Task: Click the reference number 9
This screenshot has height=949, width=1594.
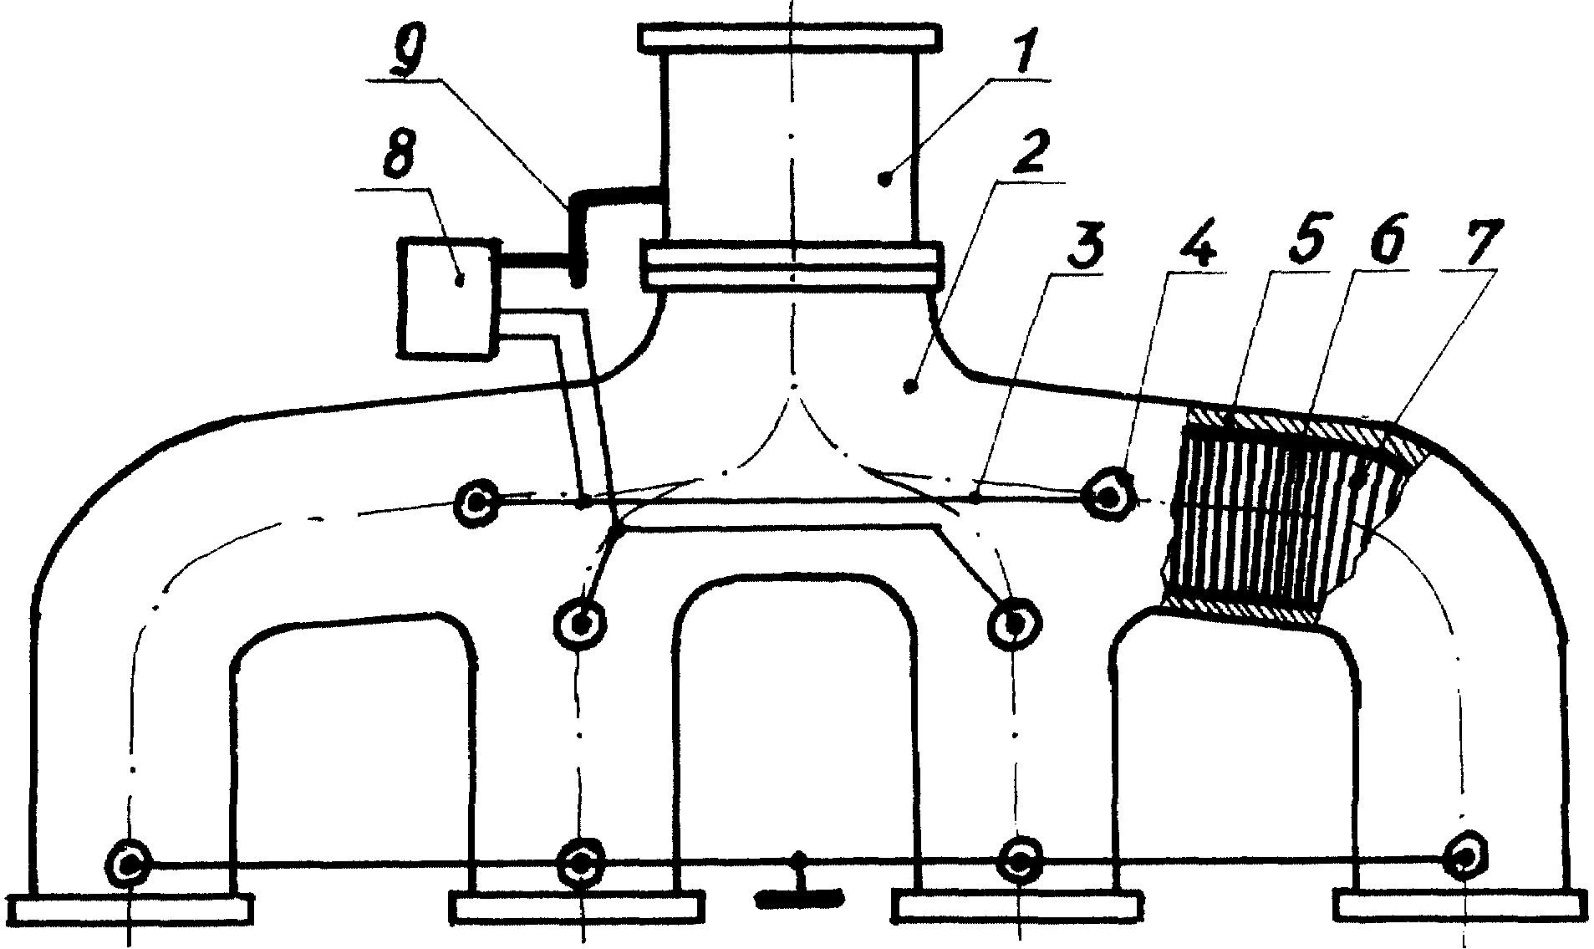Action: tap(411, 52)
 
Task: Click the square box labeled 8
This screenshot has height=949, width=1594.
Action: tap(450, 298)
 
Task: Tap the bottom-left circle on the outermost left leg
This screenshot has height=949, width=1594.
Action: tap(130, 862)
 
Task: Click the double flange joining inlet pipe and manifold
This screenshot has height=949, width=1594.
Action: tap(791, 264)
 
